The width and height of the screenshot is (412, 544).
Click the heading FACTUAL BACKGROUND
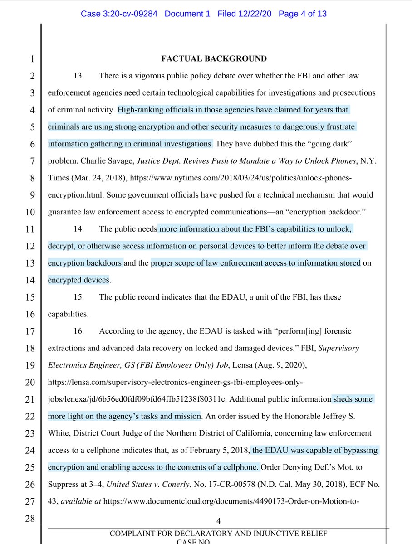point(214,58)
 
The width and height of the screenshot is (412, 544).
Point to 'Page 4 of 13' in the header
point(303,14)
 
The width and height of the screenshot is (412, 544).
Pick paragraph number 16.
point(79,331)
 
